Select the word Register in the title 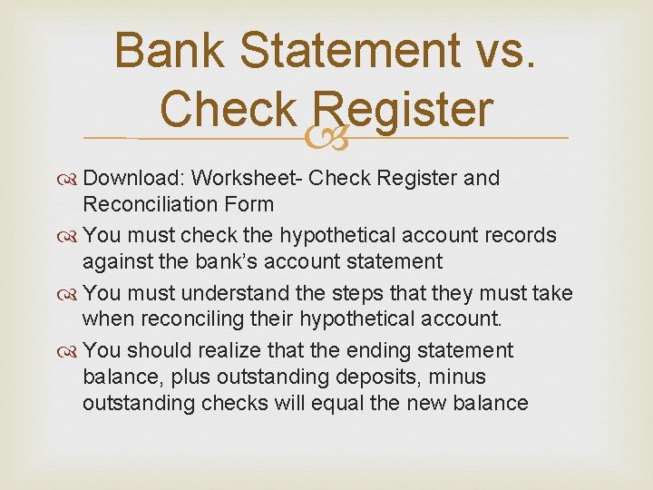click(404, 110)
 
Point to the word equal click(338, 403)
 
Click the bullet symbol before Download click(70, 179)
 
